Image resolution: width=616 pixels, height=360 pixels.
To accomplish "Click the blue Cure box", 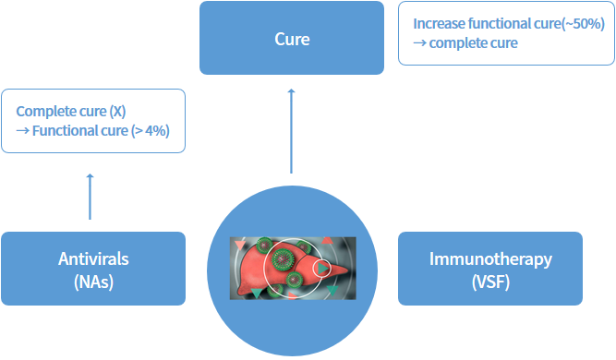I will (292, 38).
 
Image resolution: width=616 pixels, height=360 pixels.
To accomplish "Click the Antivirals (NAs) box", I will (92, 268).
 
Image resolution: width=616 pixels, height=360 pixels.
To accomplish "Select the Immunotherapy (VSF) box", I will (490, 268).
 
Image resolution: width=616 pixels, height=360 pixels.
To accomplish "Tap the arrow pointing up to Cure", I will (292, 130).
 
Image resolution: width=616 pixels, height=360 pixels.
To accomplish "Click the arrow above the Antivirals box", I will (90, 195).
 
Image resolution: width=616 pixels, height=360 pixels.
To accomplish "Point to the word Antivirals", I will (92, 258).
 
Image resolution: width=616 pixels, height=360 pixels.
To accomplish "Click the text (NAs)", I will (92, 282).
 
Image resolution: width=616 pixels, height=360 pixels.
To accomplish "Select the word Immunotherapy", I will (490, 258).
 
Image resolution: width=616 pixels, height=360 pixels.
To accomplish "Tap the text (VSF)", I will (490, 282).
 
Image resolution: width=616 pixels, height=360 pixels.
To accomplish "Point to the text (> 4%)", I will (151, 130).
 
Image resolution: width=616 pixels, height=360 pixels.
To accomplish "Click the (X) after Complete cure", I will (116, 112).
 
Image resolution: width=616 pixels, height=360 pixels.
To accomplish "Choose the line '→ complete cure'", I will (465, 43).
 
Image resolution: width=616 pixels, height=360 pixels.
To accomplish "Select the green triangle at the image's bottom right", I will (332, 292).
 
